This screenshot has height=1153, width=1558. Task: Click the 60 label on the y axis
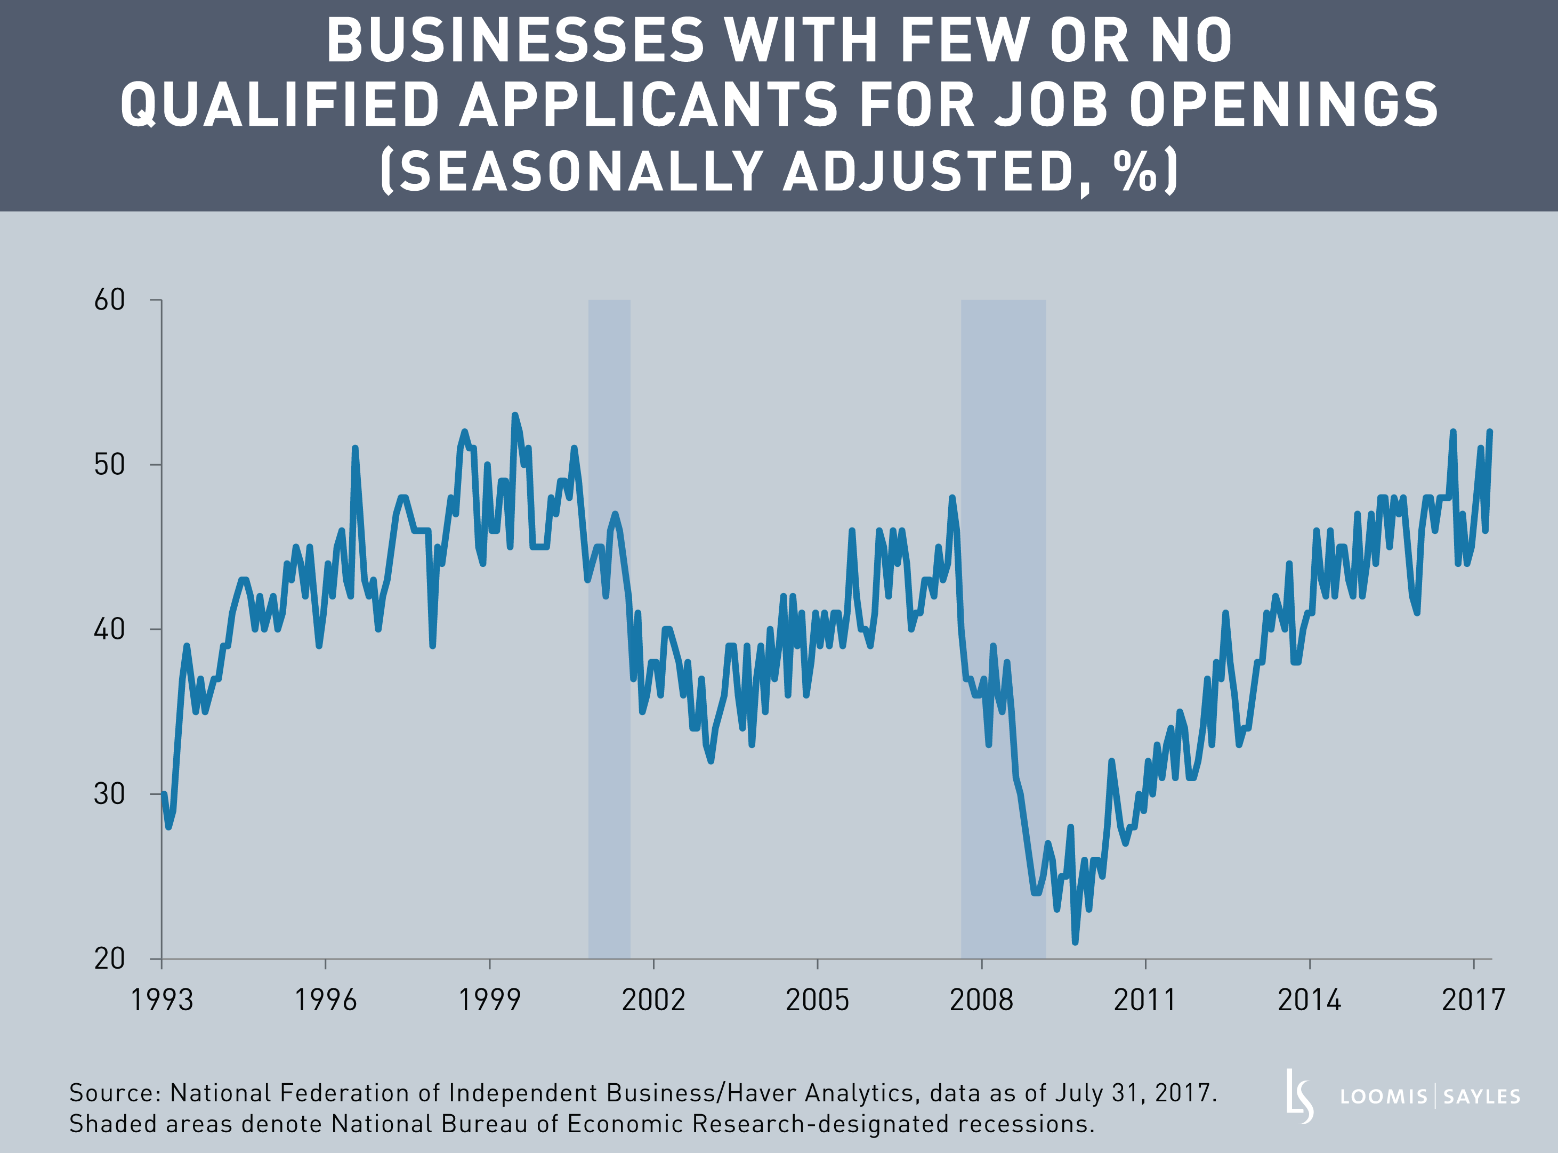[110, 300]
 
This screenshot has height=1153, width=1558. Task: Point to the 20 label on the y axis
[110, 959]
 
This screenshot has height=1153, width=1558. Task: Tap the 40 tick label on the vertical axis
[110, 630]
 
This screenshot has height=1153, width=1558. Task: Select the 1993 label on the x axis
[162, 1000]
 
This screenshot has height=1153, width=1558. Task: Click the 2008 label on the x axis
[981, 1000]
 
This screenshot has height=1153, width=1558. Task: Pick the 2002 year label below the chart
[653, 1000]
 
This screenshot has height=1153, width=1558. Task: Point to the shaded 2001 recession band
[609, 628]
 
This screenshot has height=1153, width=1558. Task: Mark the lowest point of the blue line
[1075, 942]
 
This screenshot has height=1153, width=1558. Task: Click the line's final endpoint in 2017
[1490, 432]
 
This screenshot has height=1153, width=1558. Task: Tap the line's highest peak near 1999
[514, 415]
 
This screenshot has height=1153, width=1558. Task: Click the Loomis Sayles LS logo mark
[1299, 1097]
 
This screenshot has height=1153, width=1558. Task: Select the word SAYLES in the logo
[1481, 1097]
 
